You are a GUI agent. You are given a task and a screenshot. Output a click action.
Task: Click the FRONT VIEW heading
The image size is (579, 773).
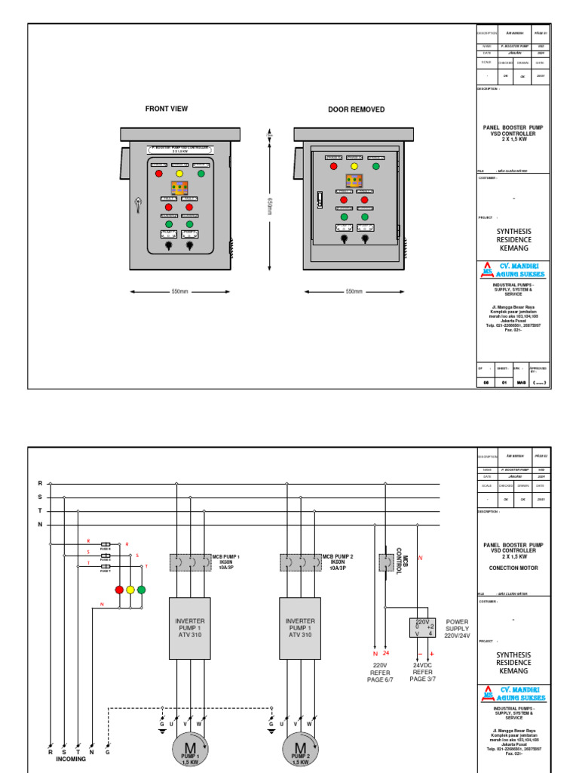[x=167, y=109]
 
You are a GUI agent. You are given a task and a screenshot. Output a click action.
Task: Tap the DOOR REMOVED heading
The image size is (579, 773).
[x=356, y=109]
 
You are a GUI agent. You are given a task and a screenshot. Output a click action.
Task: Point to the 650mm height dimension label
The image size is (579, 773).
[x=268, y=206]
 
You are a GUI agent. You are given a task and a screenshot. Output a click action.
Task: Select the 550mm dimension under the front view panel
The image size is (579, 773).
[x=179, y=291]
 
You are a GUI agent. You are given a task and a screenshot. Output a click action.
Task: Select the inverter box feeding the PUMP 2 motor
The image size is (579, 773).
[x=300, y=628]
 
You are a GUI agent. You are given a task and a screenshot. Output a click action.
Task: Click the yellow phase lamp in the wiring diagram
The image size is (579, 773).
[x=130, y=590]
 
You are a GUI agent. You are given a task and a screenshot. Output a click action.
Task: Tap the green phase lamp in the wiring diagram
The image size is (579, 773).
[x=141, y=590]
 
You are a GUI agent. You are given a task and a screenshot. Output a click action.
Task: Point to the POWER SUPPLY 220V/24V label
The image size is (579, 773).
[x=458, y=629]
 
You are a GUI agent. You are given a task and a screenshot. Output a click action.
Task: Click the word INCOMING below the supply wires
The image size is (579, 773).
[x=71, y=759]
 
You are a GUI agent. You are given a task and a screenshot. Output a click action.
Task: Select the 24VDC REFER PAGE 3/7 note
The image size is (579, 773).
[x=423, y=671]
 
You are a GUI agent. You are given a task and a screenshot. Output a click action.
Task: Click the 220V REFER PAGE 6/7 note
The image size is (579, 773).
[x=380, y=671]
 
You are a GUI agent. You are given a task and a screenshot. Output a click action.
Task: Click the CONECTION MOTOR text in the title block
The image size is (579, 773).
[x=513, y=568]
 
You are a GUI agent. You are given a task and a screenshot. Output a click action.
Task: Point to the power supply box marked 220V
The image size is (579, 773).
[x=422, y=627]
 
